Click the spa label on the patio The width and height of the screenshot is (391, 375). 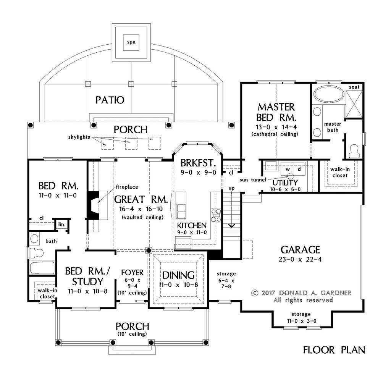tap(131, 42)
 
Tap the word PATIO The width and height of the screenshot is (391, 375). tap(110, 100)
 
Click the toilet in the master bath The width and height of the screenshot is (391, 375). tap(354, 151)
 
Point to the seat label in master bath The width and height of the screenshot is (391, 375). tap(354, 87)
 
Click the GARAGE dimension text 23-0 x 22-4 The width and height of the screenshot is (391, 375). tap(300, 259)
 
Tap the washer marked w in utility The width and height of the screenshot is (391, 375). tap(288, 169)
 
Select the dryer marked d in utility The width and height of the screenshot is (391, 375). tap(299, 169)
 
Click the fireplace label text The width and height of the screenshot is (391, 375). tap(127, 187)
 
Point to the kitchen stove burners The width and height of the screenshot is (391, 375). tap(216, 215)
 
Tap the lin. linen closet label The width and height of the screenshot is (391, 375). tap(62, 225)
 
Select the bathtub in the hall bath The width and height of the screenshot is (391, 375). tap(42, 268)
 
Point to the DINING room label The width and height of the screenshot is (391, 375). tap(178, 275)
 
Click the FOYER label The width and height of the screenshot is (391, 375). tap(132, 272)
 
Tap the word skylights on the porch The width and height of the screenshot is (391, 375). tap(79, 137)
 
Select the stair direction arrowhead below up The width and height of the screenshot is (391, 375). tap(232, 226)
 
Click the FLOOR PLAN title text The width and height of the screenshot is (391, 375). tap(334, 350)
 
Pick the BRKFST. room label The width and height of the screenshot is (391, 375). tap(198, 163)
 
